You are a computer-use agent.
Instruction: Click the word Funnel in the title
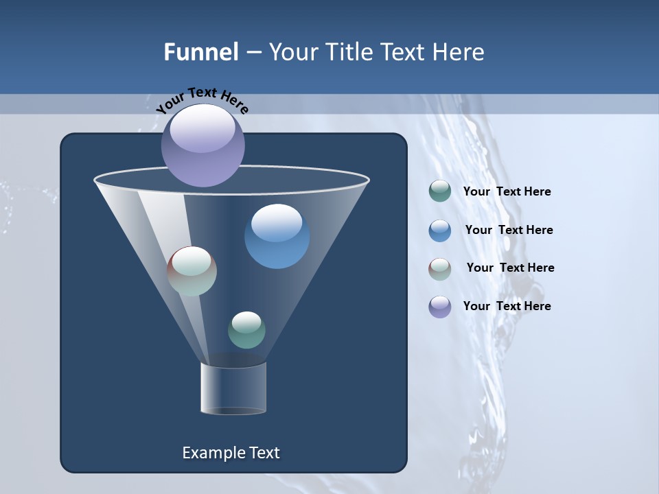point(200,52)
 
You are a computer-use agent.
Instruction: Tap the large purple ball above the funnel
point(203,145)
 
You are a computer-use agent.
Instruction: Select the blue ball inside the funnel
point(277,237)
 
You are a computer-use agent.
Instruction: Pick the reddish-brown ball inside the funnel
point(192,272)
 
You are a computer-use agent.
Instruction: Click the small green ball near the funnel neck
point(246,330)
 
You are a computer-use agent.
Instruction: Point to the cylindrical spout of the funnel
point(233,388)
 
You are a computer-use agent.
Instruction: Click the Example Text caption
point(231,453)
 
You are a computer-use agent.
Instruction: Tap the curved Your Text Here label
point(202,100)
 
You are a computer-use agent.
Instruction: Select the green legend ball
point(440,191)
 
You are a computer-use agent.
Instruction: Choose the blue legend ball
point(440,230)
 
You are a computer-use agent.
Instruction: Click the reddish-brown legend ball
point(440,268)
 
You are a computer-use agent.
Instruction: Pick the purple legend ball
point(440,307)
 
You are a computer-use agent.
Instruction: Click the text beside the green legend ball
point(507,192)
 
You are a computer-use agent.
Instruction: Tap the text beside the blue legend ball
point(509,231)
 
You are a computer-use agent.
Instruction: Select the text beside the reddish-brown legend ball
point(510,268)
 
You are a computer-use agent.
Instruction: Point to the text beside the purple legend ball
point(507,307)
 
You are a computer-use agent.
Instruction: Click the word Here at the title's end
point(459,52)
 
